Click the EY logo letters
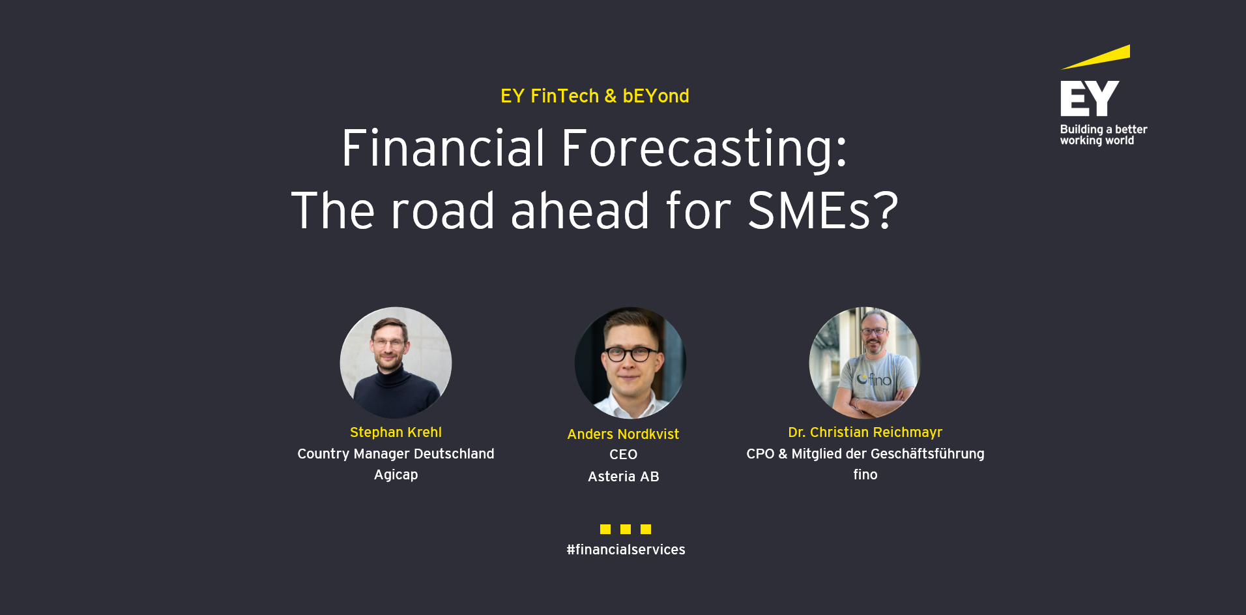(x=1089, y=98)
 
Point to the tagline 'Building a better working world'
(x=1103, y=135)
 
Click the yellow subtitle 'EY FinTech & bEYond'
(x=594, y=96)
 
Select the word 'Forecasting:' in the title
(x=704, y=149)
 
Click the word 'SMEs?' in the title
(x=822, y=211)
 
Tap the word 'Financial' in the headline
(x=442, y=149)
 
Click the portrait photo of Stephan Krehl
(x=396, y=362)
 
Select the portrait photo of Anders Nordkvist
(x=630, y=362)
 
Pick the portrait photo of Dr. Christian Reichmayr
(x=864, y=362)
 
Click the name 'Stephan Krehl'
(x=396, y=432)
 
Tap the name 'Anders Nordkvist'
(x=623, y=434)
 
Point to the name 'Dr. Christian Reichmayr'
(x=865, y=432)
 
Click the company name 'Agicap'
(x=396, y=475)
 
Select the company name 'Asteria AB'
(x=623, y=477)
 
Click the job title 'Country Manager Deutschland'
(x=396, y=454)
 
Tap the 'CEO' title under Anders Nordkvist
(x=623, y=455)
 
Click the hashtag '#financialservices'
(x=626, y=550)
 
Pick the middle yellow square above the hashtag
(x=626, y=529)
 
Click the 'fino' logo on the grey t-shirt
(x=874, y=380)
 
